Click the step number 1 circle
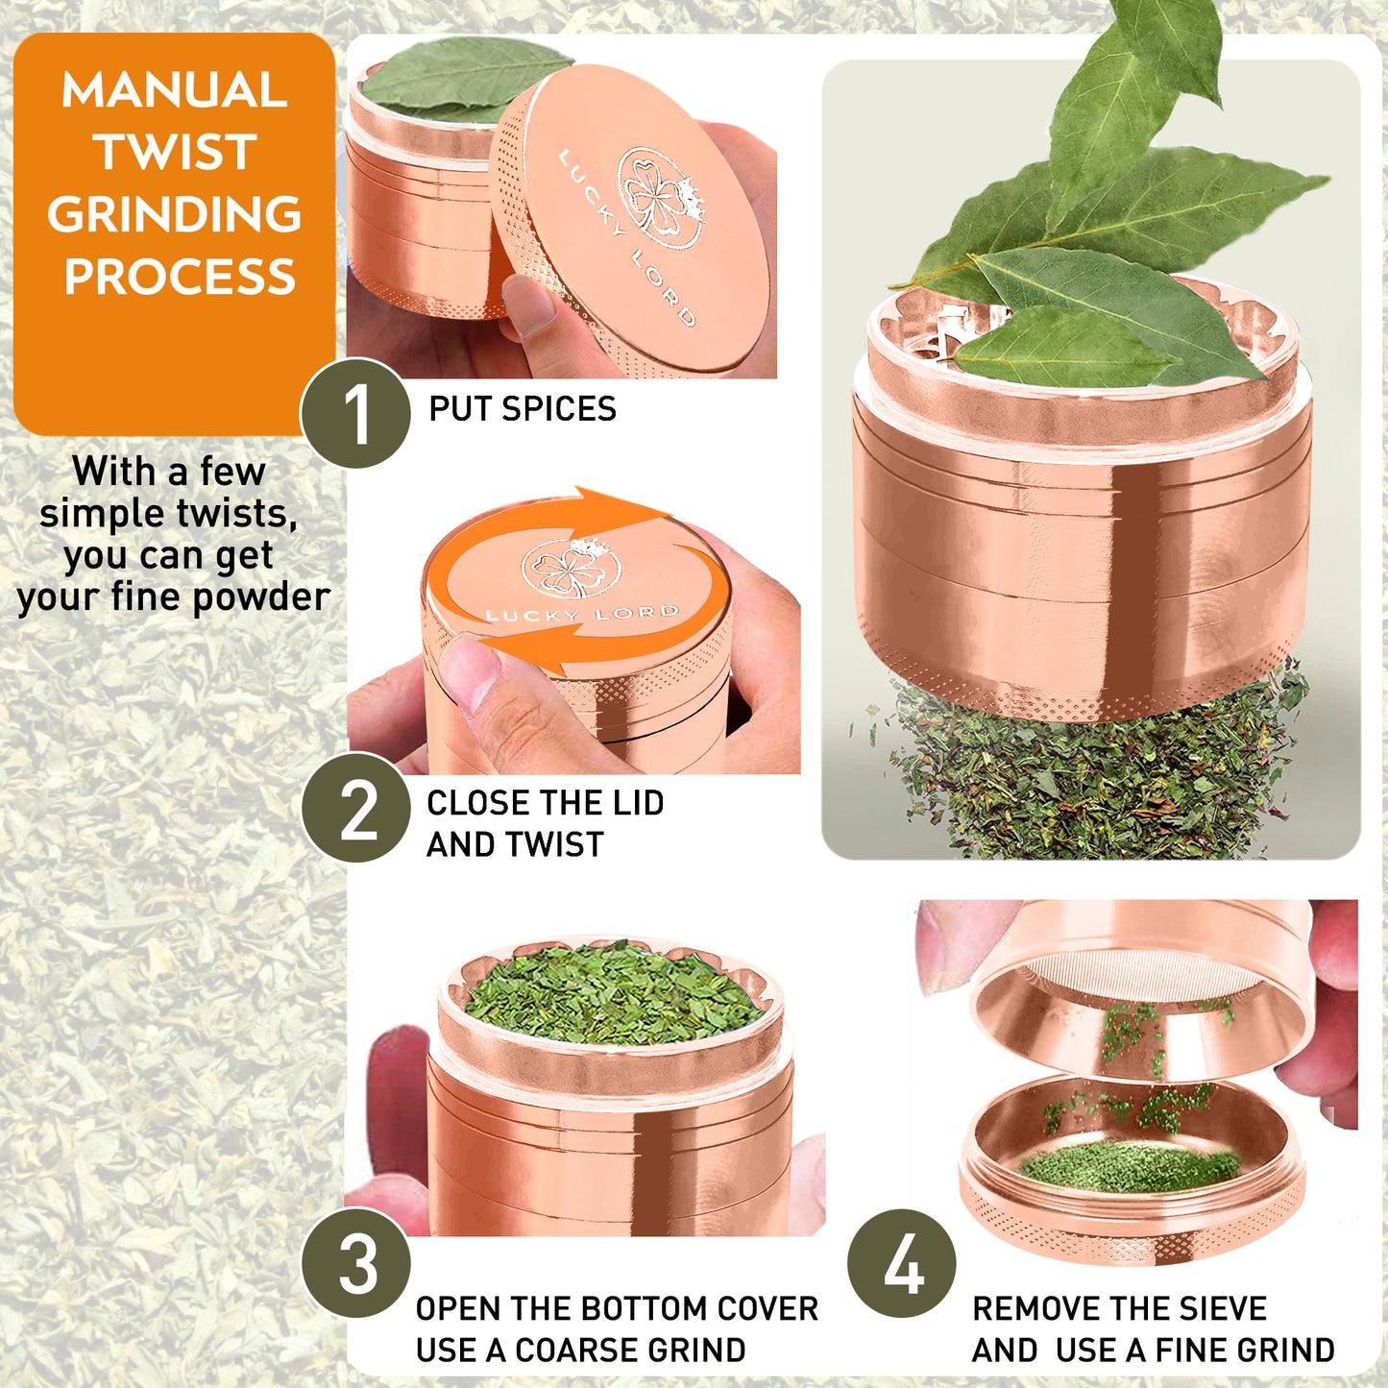[355, 413]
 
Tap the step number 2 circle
[356, 808]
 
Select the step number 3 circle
[356, 1263]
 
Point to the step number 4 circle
[902, 1263]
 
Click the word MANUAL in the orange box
[174, 91]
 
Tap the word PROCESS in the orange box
[180, 278]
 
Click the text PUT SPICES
[522, 409]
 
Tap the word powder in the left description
[260, 597]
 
